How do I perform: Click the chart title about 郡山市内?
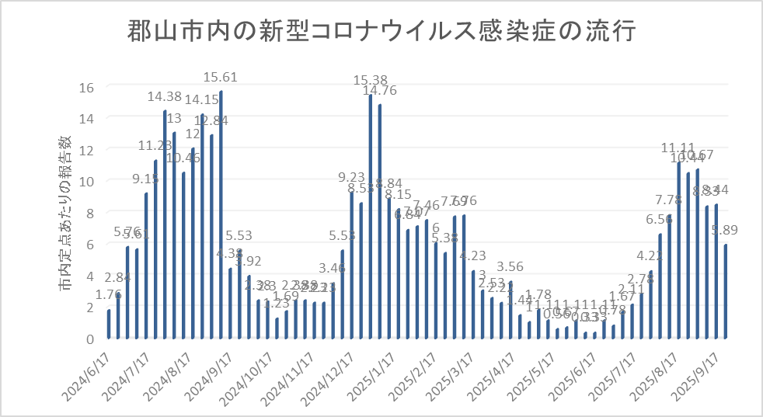pos(381,33)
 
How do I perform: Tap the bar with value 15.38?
pos(371,217)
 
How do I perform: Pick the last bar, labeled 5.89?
pos(725,291)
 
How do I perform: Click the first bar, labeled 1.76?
pos(109,324)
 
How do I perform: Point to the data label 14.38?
pos(165,97)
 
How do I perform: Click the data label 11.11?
pos(678,148)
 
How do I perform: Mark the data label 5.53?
pos(239,235)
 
